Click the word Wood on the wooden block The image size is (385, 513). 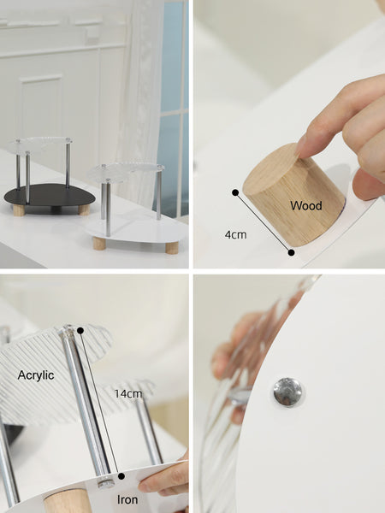tap(305, 205)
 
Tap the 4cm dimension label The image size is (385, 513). tap(236, 234)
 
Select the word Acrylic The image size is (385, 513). tap(36, 375)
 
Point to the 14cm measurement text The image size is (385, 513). tap(128, 393)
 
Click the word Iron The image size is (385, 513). tap(127, 499)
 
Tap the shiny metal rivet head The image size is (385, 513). tap(287, 392)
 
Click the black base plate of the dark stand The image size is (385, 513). tap(50, 195)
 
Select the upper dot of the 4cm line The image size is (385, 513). tap(235, 192)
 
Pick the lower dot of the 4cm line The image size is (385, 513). tap(291, 252)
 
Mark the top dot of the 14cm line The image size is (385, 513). tap(80, 330)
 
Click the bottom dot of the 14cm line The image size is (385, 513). tap(121, 476)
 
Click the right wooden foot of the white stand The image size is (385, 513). tap(172, 248)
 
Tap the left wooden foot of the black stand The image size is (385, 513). tap(19, 209)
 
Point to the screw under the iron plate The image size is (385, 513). tap(106, 483)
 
